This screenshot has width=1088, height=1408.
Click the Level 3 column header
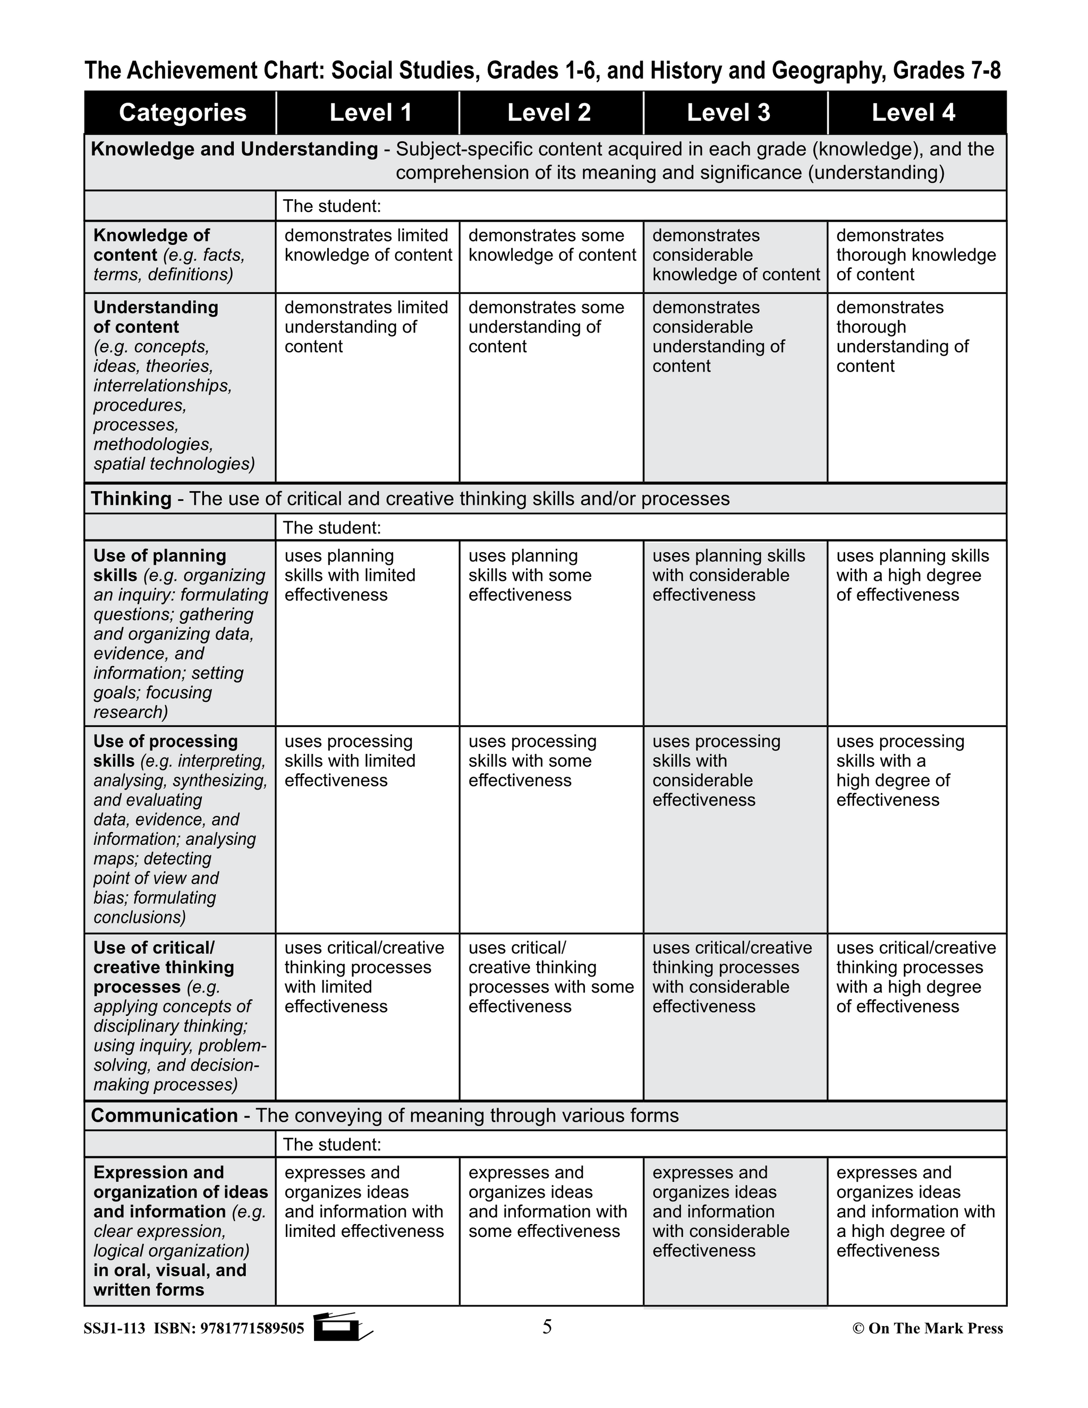pos(728,113)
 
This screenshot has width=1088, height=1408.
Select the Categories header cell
pos(182,113)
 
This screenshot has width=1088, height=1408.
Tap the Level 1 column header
pos(371,113)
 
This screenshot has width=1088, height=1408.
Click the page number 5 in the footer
pos(547,1327)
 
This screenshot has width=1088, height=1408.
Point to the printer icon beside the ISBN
pos(342,1327)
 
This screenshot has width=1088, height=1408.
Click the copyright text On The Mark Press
pos(928,1328)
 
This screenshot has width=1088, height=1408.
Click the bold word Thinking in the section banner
pos(131,498)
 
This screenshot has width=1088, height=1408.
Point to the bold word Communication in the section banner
pos(164,1116)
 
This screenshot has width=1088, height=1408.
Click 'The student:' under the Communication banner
pos(332,1144)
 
